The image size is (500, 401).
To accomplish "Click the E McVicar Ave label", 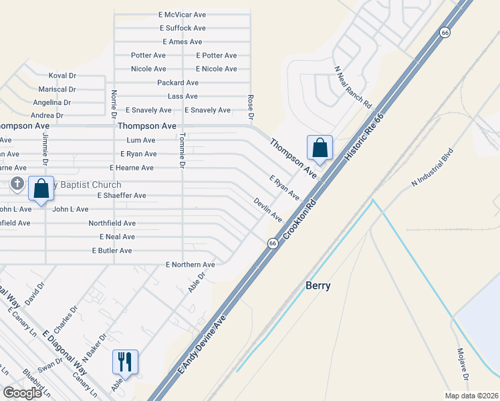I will [182, 14].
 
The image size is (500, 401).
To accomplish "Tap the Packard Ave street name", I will [178, 83].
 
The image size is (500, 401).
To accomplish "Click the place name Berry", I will [318, 285].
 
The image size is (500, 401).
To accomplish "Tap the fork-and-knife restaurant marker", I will [125, 362].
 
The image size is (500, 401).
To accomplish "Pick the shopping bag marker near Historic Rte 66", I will [320, 148].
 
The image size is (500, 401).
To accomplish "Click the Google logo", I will [22, 393].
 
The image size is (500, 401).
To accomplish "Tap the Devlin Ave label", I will [267, 209].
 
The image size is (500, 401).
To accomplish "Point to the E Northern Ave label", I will [191, 265].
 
